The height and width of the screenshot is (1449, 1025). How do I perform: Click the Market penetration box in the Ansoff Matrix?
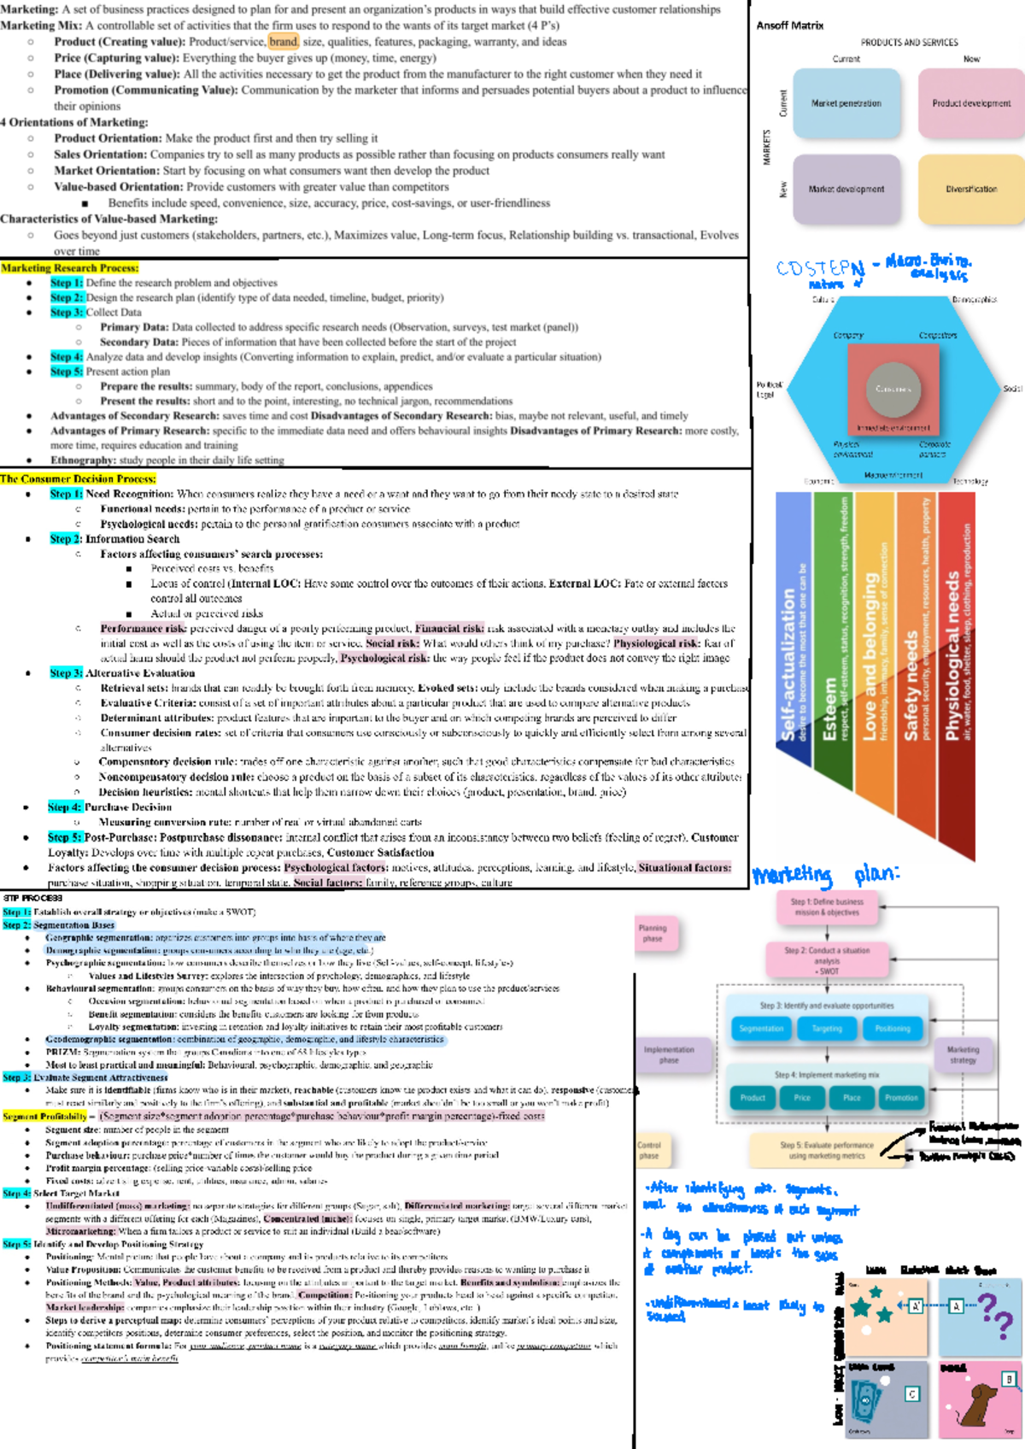[846, 103]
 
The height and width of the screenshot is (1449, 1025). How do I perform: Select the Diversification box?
[971, 189]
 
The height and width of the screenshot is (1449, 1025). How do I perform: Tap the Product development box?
[971, 103]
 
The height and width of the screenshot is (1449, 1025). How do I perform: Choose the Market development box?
[846, 189]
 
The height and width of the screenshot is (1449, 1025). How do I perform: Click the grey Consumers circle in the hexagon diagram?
[893, 389]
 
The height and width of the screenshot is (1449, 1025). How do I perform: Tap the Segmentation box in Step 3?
[761, 1029]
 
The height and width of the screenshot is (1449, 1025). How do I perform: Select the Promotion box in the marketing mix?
[901, 1098]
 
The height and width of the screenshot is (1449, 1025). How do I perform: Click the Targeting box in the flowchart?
[827, 1029]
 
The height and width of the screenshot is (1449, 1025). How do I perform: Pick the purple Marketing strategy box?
[963, 1054]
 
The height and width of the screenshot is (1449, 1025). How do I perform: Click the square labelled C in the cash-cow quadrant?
[912, 1394]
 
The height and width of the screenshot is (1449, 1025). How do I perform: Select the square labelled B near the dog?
[1009, 1379]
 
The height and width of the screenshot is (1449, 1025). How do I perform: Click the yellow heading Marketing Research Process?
[70, 267]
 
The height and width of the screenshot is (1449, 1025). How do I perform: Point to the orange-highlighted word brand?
[283, 42]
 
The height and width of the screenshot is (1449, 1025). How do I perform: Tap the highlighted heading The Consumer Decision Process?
[78, 478]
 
